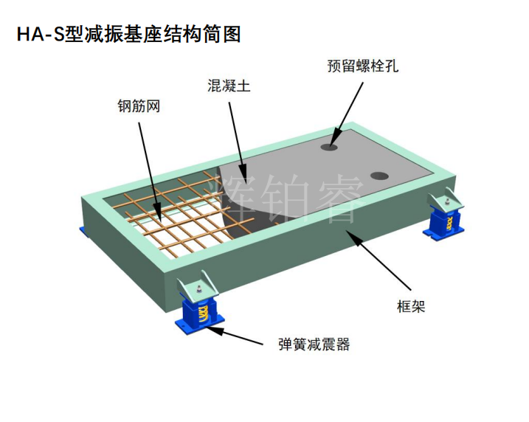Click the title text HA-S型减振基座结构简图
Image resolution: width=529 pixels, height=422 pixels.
click(128, 35)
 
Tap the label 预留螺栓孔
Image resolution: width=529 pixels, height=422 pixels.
click(363, 66)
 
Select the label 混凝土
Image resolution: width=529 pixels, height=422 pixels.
click(229, 86)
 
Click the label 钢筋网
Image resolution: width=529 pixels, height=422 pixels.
click(139, 106)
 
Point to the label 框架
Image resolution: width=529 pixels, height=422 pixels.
click(411, 307)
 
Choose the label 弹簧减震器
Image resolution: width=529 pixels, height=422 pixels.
click(314, 345)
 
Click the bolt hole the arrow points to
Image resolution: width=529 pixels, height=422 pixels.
click(330, 147)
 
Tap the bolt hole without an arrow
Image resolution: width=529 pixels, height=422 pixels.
click(379, 176)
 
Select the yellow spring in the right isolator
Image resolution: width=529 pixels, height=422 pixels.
click(449, 223)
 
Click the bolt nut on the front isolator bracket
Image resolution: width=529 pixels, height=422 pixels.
click(199, 289)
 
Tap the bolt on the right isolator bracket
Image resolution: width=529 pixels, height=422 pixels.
click(447, 202)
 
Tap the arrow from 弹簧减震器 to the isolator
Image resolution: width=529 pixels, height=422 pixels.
click(234, 335)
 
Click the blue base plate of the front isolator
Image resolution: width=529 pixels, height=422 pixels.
click(200, 325)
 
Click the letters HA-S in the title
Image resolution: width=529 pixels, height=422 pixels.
click(40, 35)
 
